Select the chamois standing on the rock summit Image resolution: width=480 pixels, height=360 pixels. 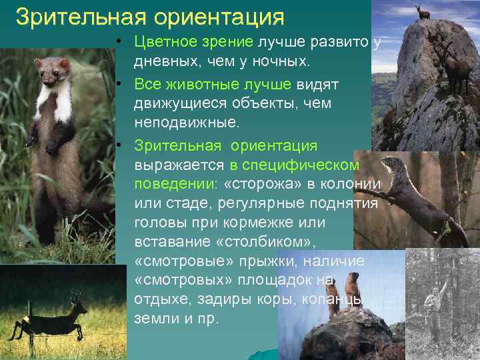(421, 11)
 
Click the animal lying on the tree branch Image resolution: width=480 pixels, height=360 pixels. (413, 193)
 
